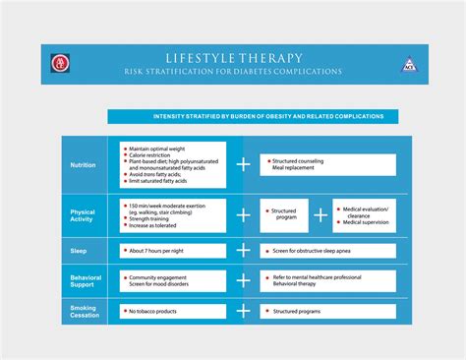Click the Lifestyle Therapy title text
(x=233, y=58)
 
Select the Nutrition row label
(x=84, y=164)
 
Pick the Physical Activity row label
(x=84, y=215)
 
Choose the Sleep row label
(x=79, y=251)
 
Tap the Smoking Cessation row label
(x=84, y=313)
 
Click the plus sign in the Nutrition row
(x=243, y=164)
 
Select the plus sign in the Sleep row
(x=243, y=251)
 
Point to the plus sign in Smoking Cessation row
(x=243, y=313)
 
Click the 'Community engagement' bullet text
(x=163, y=277)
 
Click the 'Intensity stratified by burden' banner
(x=253, y=116)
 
